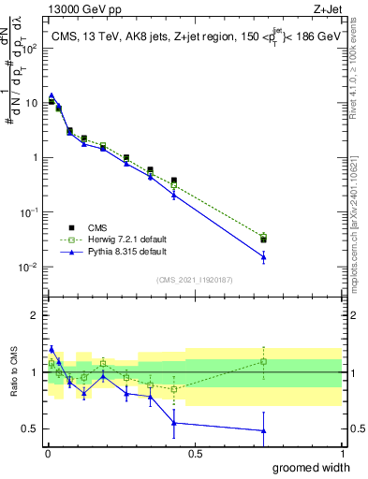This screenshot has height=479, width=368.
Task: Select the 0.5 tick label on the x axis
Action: [194, 453]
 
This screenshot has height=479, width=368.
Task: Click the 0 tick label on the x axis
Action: [47, 453]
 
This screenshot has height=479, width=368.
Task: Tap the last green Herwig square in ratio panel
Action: [264, 361]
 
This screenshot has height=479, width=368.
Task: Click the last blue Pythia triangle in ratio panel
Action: [264, 430]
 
